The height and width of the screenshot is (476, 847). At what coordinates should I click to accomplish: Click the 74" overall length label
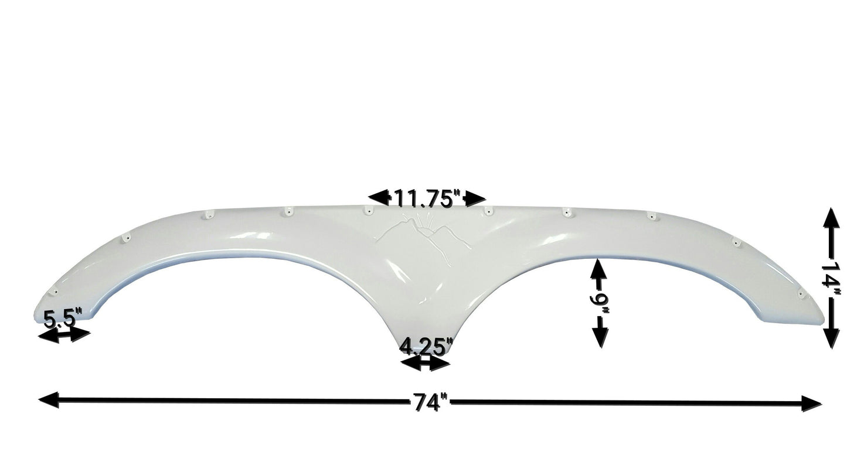(430, 402)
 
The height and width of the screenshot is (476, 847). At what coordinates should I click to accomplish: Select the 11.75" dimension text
(428, 198)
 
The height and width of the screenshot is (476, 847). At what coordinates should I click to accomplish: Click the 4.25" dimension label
(426, 347)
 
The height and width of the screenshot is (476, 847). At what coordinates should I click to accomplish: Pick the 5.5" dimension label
(63, 319)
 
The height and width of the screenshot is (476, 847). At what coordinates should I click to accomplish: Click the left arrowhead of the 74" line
(49, 400)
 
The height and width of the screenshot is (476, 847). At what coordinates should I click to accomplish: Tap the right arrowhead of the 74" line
(811, 403)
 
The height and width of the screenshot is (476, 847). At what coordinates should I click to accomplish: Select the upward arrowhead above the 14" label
(831, 218)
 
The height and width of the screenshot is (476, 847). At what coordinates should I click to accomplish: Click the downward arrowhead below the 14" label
(831, 338)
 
